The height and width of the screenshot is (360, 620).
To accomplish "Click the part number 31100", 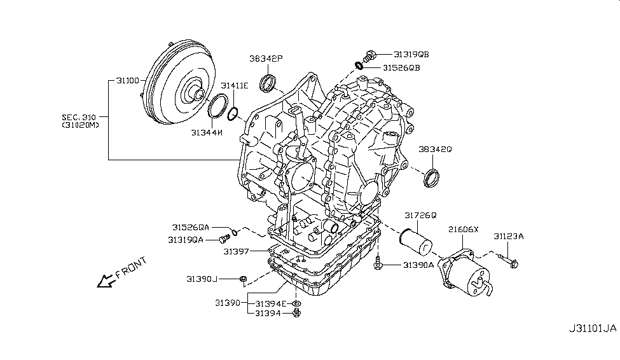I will pyautogui.click(x=127, y=81).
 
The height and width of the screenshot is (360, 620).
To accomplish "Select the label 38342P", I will pyautogui.click(x=266, y=59).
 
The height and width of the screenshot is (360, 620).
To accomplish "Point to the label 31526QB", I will pyautogui.click(x=401, y=67).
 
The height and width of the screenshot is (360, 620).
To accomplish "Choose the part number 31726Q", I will pyautogui.click(x=420, y=215).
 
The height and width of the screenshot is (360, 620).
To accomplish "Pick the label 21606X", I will pyautogui.click(x=464, y=228).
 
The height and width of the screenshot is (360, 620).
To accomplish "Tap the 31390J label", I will pyautogui.click(x=202, y=279).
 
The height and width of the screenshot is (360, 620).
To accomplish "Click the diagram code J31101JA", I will pyautogui.click(x=592, y=329).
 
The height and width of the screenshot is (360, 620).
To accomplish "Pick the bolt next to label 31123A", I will pyautogui.click(x=509, y=260).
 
